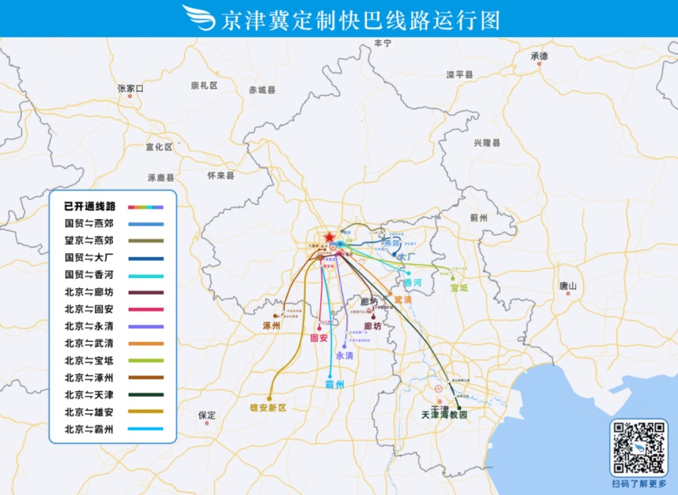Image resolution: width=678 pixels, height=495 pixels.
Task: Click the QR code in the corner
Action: tap(638, 448)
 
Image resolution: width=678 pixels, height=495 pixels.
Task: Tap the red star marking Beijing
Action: tap(329, 236)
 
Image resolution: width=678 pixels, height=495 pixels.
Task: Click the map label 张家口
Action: tap(130, 89)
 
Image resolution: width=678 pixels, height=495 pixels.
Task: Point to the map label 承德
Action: tap(539, 57)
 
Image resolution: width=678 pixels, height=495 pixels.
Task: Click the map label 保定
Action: tap(207, 414)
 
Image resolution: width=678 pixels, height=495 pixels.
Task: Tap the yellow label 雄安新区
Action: tap(268, 408)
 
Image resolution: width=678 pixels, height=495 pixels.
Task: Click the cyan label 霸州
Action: tap(334, 385)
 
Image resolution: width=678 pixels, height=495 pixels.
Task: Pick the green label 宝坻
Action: tap(459, 288)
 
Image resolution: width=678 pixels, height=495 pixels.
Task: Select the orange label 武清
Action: tap(403, 299)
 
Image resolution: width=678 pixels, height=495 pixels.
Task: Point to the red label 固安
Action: tap(319, 338)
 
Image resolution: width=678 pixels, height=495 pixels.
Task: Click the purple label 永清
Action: tap(344, 355)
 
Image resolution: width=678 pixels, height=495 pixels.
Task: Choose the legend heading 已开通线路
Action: tap(89, 207)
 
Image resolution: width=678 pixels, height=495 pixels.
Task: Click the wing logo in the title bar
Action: tap(199, 18)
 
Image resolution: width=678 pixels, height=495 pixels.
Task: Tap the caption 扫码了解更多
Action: tap(639, 484)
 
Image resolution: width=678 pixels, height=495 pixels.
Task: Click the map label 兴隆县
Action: tap(487, 143)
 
